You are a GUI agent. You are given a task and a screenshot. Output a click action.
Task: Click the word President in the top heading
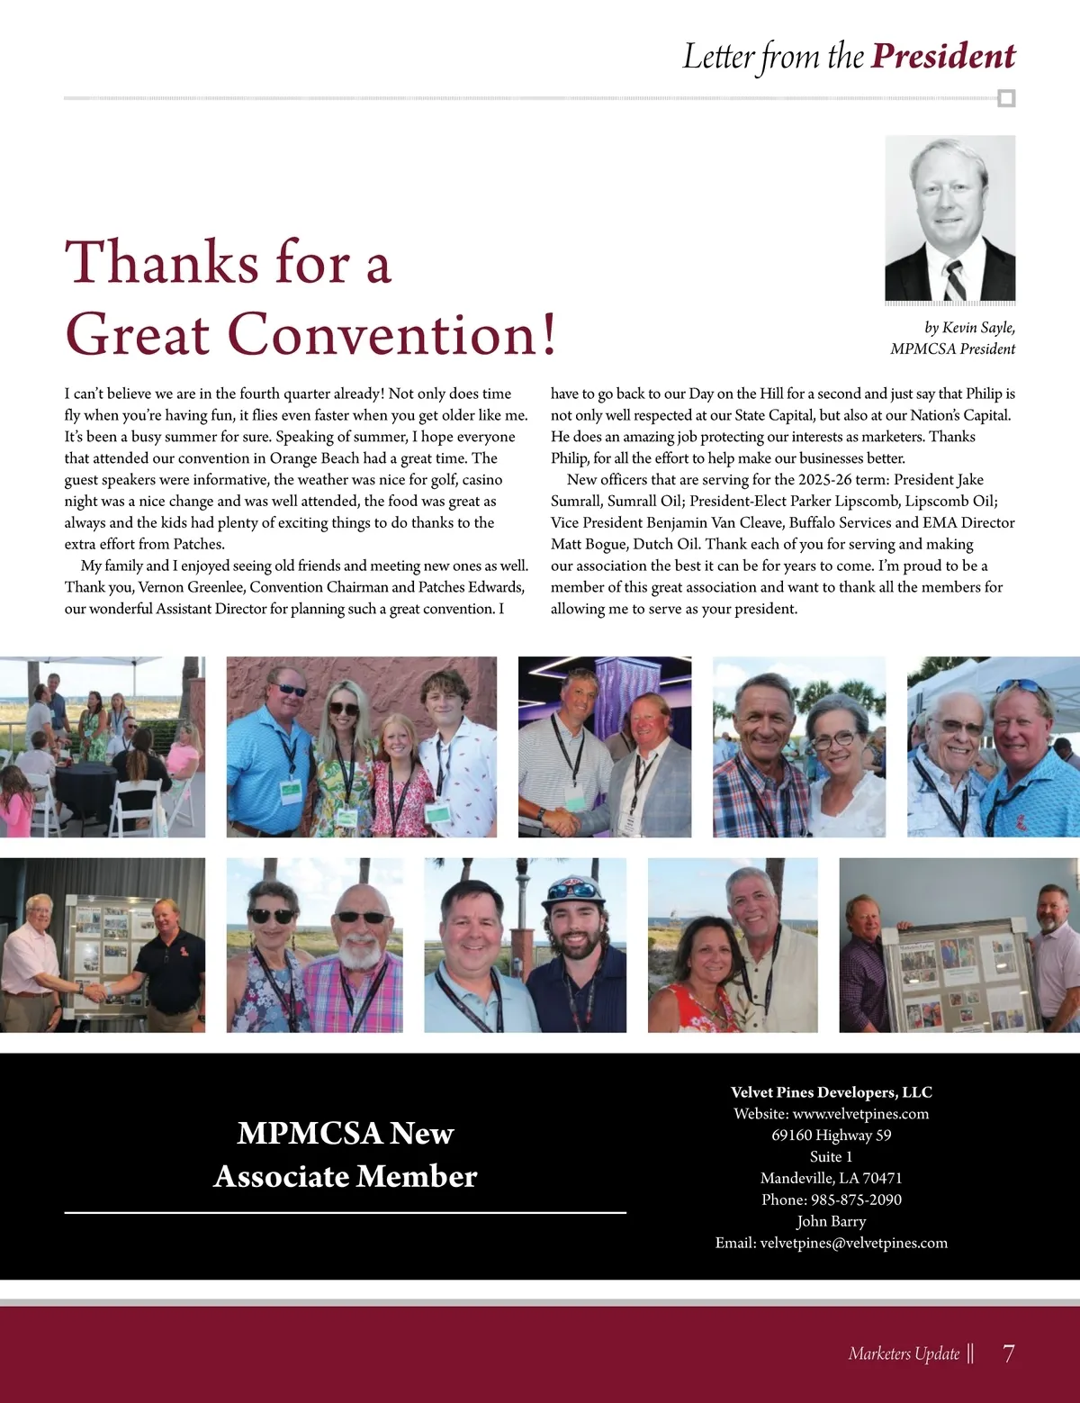click(943, 56)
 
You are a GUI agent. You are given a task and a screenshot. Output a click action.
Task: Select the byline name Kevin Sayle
click(978, 328)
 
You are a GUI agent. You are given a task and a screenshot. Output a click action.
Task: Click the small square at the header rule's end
click(1007, 98)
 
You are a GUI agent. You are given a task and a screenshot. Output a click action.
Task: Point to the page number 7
click(1008, 1353)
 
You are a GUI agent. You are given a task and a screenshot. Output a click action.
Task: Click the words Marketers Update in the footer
click(904, 1353)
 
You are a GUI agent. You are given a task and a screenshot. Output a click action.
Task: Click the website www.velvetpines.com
click(860, 1114)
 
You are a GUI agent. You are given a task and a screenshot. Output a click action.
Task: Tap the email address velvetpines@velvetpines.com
click(853, 1243)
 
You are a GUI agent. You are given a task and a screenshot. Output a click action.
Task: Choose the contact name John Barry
click(831, 1221)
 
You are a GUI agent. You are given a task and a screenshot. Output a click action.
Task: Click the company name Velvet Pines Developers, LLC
click(831, 1092)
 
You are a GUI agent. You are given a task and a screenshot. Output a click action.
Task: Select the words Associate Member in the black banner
click(346, 1176)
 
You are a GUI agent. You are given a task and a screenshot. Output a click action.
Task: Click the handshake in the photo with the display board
click(94, 990)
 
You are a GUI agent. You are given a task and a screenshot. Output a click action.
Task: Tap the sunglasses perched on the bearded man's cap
click(573, 890)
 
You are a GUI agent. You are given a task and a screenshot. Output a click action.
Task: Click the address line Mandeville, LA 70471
click(831, 1178)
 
